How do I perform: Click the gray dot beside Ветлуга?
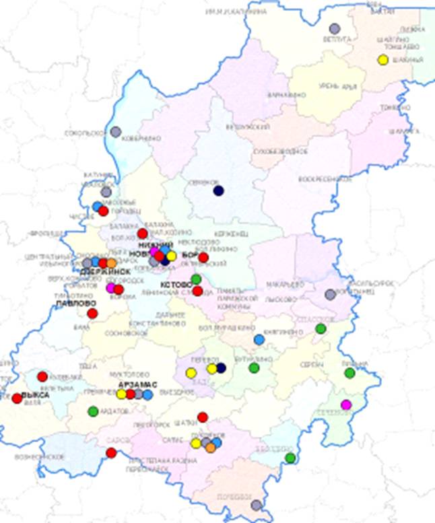pos(335,28)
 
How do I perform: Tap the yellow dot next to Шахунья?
pos(382,60)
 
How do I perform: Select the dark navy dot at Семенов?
pos(218,190)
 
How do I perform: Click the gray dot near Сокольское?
pos(116,132)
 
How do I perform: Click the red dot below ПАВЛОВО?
pos(92,313)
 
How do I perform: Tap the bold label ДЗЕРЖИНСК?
pos(105,271)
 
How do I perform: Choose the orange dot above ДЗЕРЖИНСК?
pos(111,263)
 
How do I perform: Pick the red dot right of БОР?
pos(203,257)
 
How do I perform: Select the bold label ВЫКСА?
pos(36,395)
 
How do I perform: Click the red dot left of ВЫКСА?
pos(17,398)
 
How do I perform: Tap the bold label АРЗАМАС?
pos(137,384)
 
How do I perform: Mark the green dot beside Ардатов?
pos(93,411)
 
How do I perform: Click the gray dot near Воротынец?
pos(330,294)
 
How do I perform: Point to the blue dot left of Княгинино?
pos(259,339)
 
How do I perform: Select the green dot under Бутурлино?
pos(254,368)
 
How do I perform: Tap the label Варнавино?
pos(281,95)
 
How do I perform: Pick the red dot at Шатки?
pos(203,417)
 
